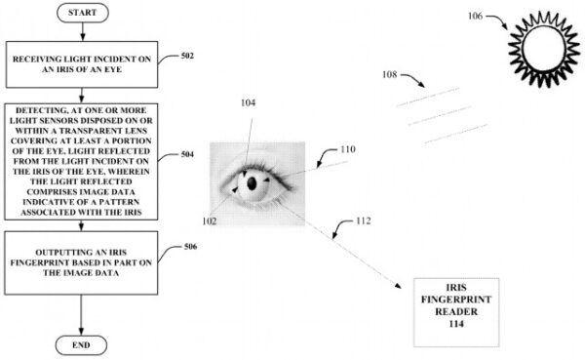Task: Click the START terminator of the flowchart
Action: tap(83, 13)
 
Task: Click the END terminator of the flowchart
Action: tap(81, 345)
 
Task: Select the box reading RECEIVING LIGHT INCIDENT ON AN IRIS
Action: tap(82, 64)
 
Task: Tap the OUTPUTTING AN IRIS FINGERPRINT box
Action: tap(81, 262)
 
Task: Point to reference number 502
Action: tap(187, 56)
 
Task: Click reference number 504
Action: tap(187, 154)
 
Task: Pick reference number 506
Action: tap(190, 247)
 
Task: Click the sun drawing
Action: tap(544, 49)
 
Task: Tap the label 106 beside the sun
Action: tap(475, 16)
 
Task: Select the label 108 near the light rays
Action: tap(389, 75)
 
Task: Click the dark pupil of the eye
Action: tap(252, 183)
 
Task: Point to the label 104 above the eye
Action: tap(248, 102)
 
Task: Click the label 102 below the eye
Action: tap(210, 221)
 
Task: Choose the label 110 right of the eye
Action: tap(348, 149)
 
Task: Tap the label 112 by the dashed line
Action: tap(364, 221)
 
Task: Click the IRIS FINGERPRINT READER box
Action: tap(456, 312)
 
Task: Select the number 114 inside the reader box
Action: tap(456, 324)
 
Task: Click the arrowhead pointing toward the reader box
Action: tap(398, 285)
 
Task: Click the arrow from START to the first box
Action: tap(83, 31)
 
